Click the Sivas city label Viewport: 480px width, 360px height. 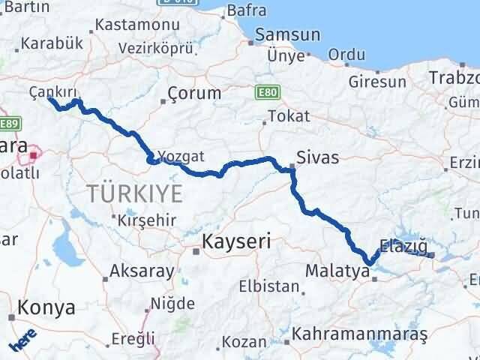pos(317,157)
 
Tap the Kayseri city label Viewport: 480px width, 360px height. pos(237,242)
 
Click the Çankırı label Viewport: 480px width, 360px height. pos(53,91)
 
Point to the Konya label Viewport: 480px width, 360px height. pos(47,307)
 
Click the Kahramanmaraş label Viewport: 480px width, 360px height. pos(360,331)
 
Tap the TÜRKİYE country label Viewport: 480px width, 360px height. pos(134,193)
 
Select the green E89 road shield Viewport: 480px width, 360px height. pos(8,124)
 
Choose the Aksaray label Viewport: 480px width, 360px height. pos(142,270)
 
